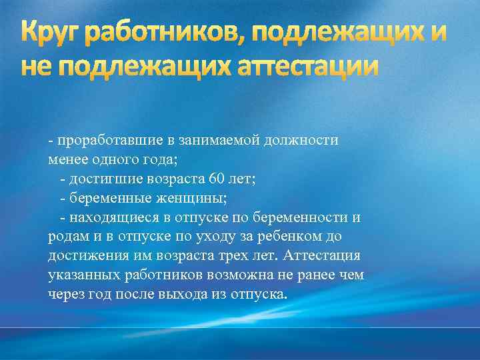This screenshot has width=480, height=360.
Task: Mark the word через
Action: (x=65, y=295)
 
